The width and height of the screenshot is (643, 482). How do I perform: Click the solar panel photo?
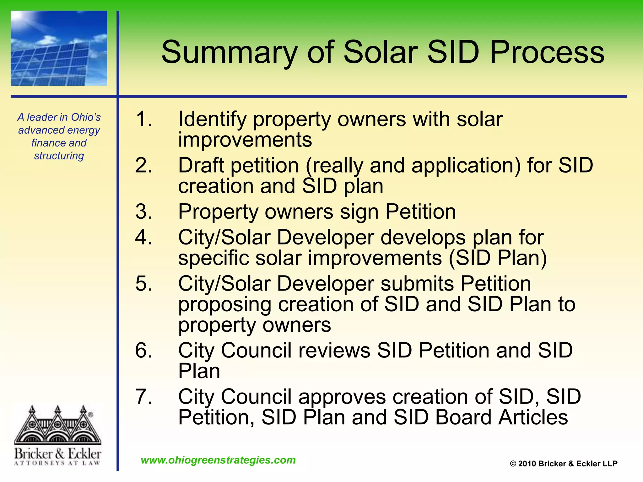click(x=59, y=48)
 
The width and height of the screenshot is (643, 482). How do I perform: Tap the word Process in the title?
click(x=547, y=52)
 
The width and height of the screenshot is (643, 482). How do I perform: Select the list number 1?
click(x=143, y=119)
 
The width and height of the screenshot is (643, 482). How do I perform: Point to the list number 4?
click(x=143, y=237)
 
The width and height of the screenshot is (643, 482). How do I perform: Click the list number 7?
click(x=143, y=397)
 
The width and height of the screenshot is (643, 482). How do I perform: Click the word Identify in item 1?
click(x=212, y=120)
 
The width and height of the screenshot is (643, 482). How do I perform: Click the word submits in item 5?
click(x=417, y=284)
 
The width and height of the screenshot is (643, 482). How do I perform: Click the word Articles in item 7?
click(x=533, y=417)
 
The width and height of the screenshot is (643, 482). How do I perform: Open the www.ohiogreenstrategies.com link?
click(x=218, y=460)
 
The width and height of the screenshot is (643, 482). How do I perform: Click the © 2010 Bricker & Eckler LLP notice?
click(x=564, y=463)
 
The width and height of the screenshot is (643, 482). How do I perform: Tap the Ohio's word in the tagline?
click(x=86, y=117)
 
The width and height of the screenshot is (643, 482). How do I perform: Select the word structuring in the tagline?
click(x=59, y=156)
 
